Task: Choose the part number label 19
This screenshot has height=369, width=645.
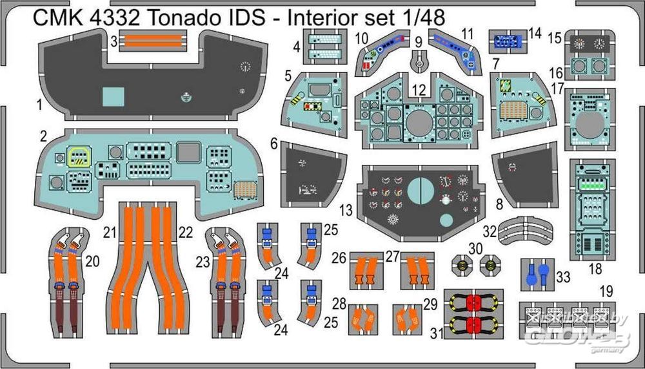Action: (606, 290)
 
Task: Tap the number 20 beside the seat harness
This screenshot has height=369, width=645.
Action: (92, 261)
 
